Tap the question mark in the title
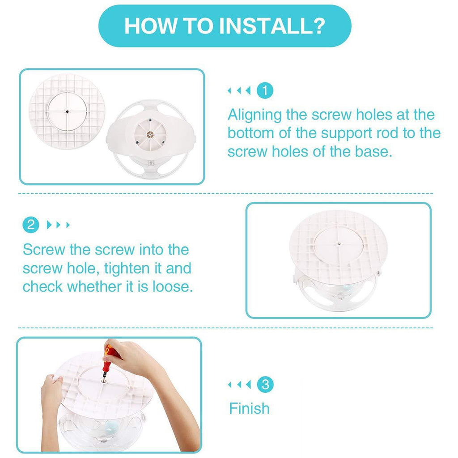pyautogui.click(x=318, y=25)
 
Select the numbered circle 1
pyautogui.click(x=265, y=90)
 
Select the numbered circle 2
pyautogui.click(x=31, y=225)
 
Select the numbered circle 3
pyautogui.click(x=265, y=384)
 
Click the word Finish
pyautogui.click(x=249, y=408)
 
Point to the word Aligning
pyautogui.click(x=254, y=115)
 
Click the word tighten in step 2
pyautogui.click(x=127, y=269)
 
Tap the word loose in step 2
pyautogui.click(x=173, y=287)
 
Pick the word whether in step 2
pyautogui.click(x=94, y=287)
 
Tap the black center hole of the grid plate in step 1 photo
pyautogui.click(x=67, y=111)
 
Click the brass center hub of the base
pyautogui.click(x=150, y=135)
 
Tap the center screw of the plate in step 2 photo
pyautogui.click(x=339, y=244)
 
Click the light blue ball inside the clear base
pyautogui.click(x=112, y=427)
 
